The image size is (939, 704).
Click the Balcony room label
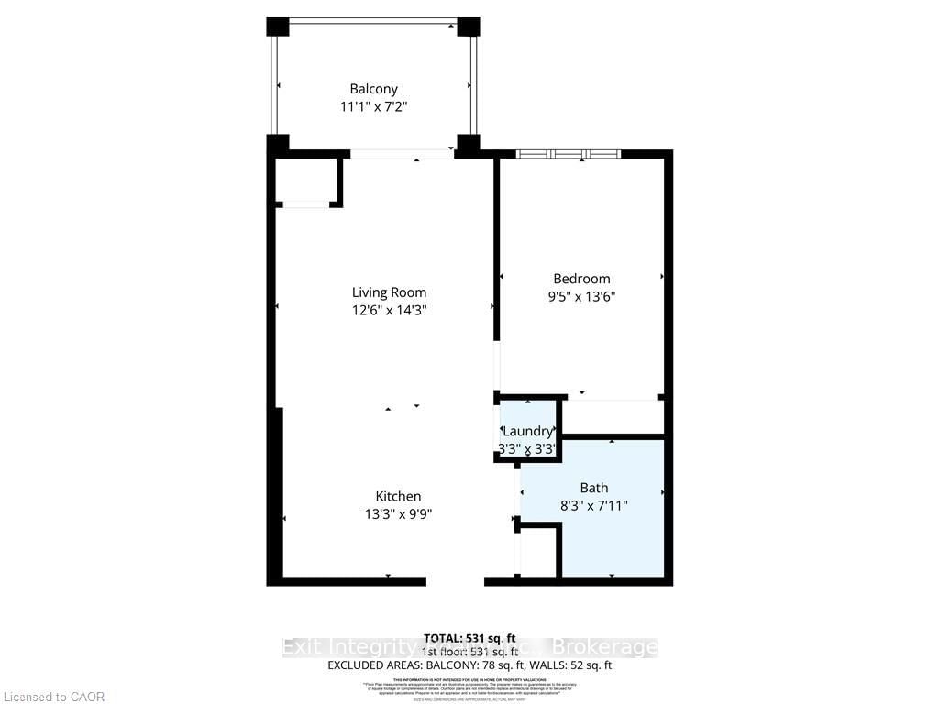coord(373,89)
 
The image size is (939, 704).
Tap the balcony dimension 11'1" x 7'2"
coord(373,106)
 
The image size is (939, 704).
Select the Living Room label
coord(389,292)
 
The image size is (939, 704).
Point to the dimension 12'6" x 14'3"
coord(389,310)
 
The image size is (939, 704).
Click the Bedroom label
coord(581,279)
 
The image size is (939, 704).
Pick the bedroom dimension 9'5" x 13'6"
coord(581,296)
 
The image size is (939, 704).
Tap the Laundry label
coord(527,431)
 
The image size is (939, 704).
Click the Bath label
coord(593,488)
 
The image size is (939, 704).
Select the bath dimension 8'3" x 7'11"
coord(593,505)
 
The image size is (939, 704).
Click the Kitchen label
coord(397,496)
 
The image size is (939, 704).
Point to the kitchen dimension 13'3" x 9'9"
coord(397,513)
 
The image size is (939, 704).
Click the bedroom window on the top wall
coord(568,154)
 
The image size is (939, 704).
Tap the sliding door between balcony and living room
coord(402,154)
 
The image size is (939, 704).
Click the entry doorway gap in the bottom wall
coord(455,580)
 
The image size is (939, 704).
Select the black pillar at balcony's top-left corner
coord(277,26)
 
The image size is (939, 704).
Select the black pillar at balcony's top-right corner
coord(469,26)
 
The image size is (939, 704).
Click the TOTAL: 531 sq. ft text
coord(469,637)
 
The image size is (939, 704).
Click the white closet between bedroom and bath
coord(612,417)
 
